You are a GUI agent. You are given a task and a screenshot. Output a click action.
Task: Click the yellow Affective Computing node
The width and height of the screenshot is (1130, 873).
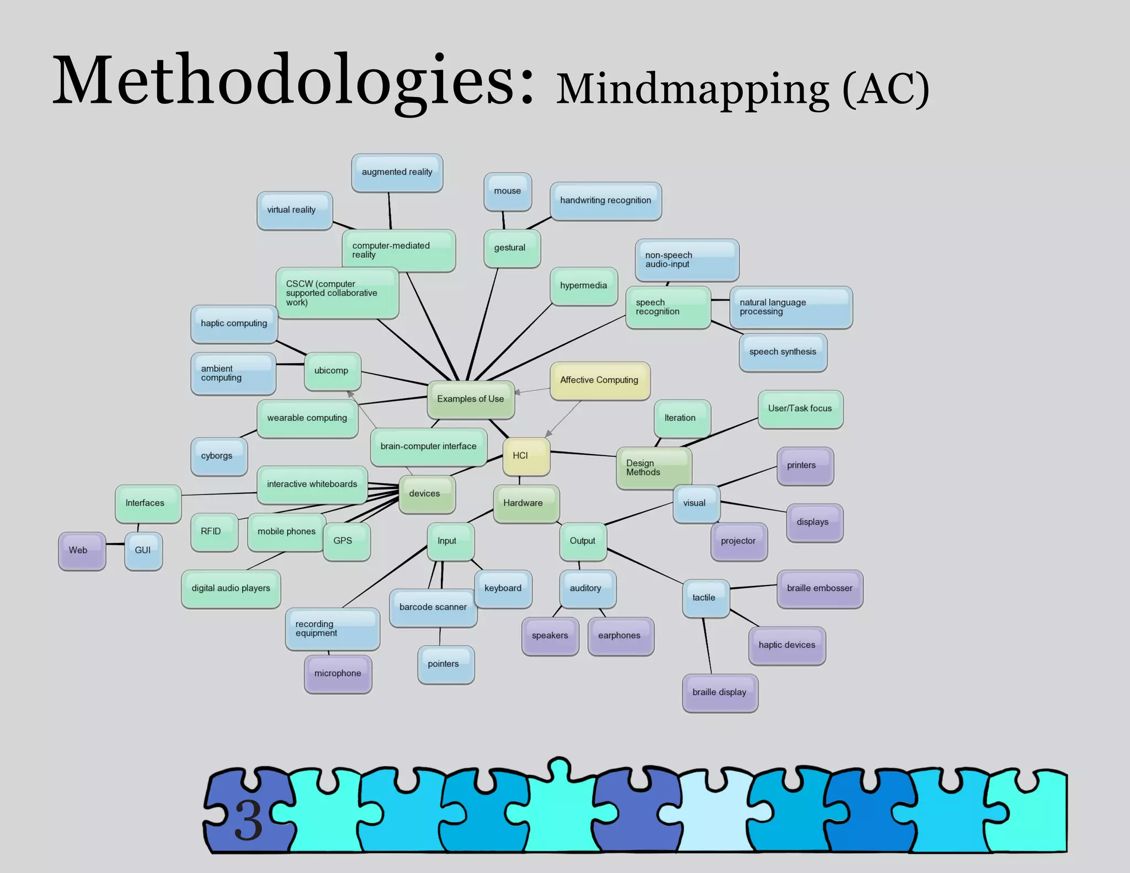600,380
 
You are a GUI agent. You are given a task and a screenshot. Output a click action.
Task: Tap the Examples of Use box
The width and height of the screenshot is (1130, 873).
471,399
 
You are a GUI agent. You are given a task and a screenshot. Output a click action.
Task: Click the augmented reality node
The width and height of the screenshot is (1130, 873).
397,172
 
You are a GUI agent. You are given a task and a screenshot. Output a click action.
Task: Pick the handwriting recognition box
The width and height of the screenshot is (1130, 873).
605,200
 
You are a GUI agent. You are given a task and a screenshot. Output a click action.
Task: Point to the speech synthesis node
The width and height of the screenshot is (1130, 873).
782,352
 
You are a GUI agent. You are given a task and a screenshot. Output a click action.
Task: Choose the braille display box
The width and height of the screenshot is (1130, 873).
719,693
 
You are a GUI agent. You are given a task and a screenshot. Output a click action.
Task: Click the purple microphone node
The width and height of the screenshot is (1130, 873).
338,673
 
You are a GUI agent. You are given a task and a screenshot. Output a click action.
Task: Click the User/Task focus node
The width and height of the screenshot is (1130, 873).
800,409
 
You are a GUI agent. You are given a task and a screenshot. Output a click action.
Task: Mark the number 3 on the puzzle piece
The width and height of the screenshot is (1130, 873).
248,820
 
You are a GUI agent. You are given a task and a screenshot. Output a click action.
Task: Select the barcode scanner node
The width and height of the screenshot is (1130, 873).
433,607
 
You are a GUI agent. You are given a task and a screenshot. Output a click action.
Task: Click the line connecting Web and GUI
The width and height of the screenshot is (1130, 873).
115,544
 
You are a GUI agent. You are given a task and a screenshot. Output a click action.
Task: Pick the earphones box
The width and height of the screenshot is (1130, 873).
620,636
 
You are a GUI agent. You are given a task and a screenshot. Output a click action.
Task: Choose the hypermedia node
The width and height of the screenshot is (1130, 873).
584,286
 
